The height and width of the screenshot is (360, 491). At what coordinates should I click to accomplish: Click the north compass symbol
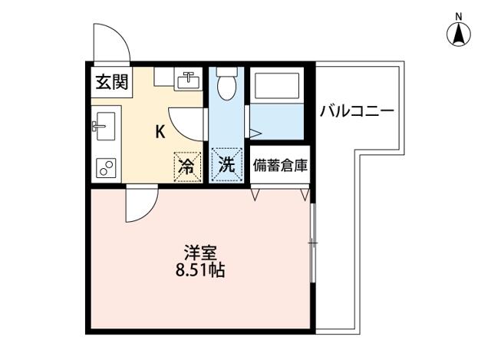[459, 35]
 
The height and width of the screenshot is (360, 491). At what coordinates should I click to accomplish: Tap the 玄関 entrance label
[112, 82]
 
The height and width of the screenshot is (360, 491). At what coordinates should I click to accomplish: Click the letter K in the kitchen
[160, 132]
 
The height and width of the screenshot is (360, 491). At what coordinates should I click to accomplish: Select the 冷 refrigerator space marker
[187, 167]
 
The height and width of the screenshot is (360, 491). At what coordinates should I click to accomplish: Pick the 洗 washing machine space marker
[227, 165]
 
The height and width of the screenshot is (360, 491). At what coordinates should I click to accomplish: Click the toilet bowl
[227, 84]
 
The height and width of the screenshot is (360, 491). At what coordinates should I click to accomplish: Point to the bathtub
[277, 85]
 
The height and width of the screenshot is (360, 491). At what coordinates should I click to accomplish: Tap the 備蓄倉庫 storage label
[280, 166]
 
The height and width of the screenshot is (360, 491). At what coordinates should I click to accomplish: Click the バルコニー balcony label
[357, 111]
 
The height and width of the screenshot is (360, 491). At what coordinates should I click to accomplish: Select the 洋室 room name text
[200, 253]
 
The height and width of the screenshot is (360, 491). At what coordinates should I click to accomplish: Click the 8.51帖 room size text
[200, 270]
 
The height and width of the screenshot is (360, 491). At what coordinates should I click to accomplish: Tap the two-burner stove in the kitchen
[106, 167]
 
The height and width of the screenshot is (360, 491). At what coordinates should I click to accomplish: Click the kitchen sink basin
[105, 126]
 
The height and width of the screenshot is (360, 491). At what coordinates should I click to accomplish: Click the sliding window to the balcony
[312, 243]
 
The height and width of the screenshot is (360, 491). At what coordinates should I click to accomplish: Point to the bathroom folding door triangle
[255, 133]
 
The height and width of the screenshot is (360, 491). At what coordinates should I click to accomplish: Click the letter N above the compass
[459, 17]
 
